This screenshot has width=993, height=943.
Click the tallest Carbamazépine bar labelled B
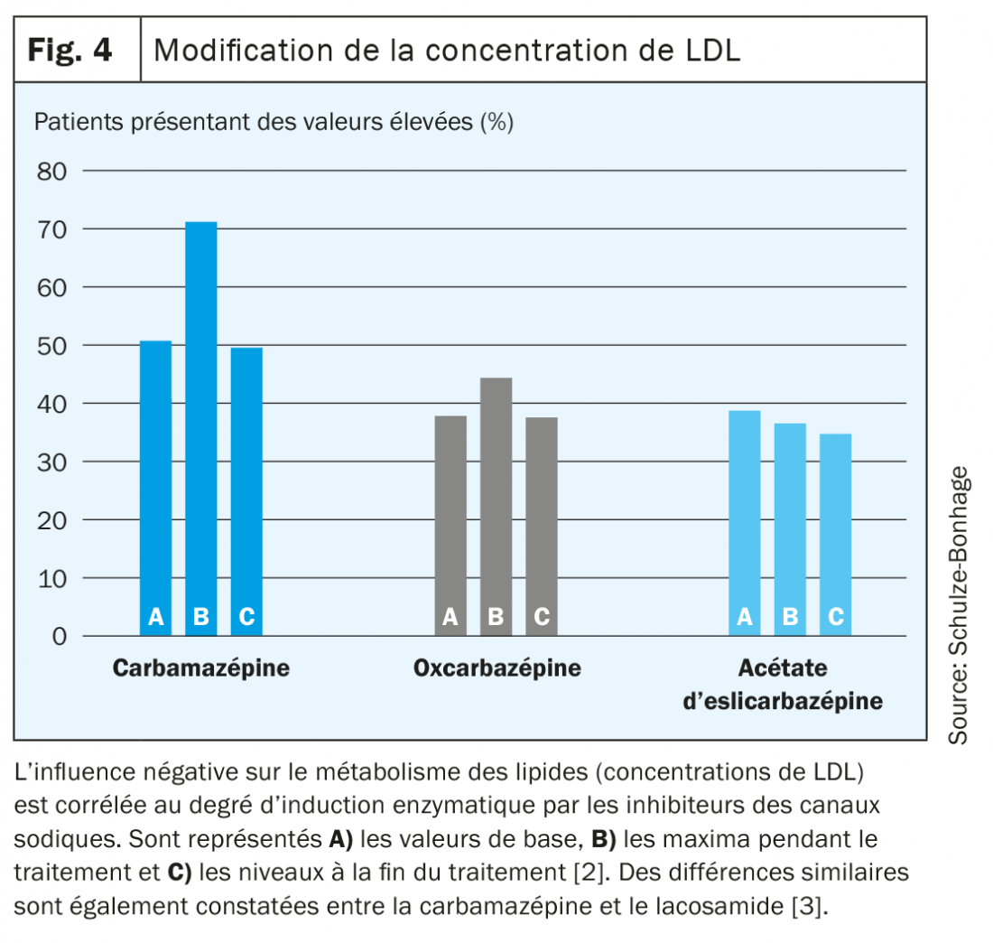pos(201,425)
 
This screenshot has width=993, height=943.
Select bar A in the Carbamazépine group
pos(156,488)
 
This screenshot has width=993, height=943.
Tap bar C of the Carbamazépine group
pos(246,488)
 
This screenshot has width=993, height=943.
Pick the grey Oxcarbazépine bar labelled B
pos(496,506)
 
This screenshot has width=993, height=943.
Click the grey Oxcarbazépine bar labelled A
pos(450,524)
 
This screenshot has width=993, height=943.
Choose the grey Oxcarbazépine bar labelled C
pos(541,524)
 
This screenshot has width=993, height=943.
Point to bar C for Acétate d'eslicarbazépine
pos(836,533)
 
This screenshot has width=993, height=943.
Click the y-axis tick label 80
pos(51,171)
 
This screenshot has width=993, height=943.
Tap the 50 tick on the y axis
pos(51,345)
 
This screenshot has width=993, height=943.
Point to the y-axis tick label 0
pos(60,636)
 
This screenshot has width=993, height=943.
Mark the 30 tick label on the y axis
pos(51,462)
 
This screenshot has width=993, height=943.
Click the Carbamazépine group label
pos(201,668)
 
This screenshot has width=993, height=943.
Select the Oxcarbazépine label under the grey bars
pos(496,668)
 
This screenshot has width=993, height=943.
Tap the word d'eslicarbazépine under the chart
pos(783,701)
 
